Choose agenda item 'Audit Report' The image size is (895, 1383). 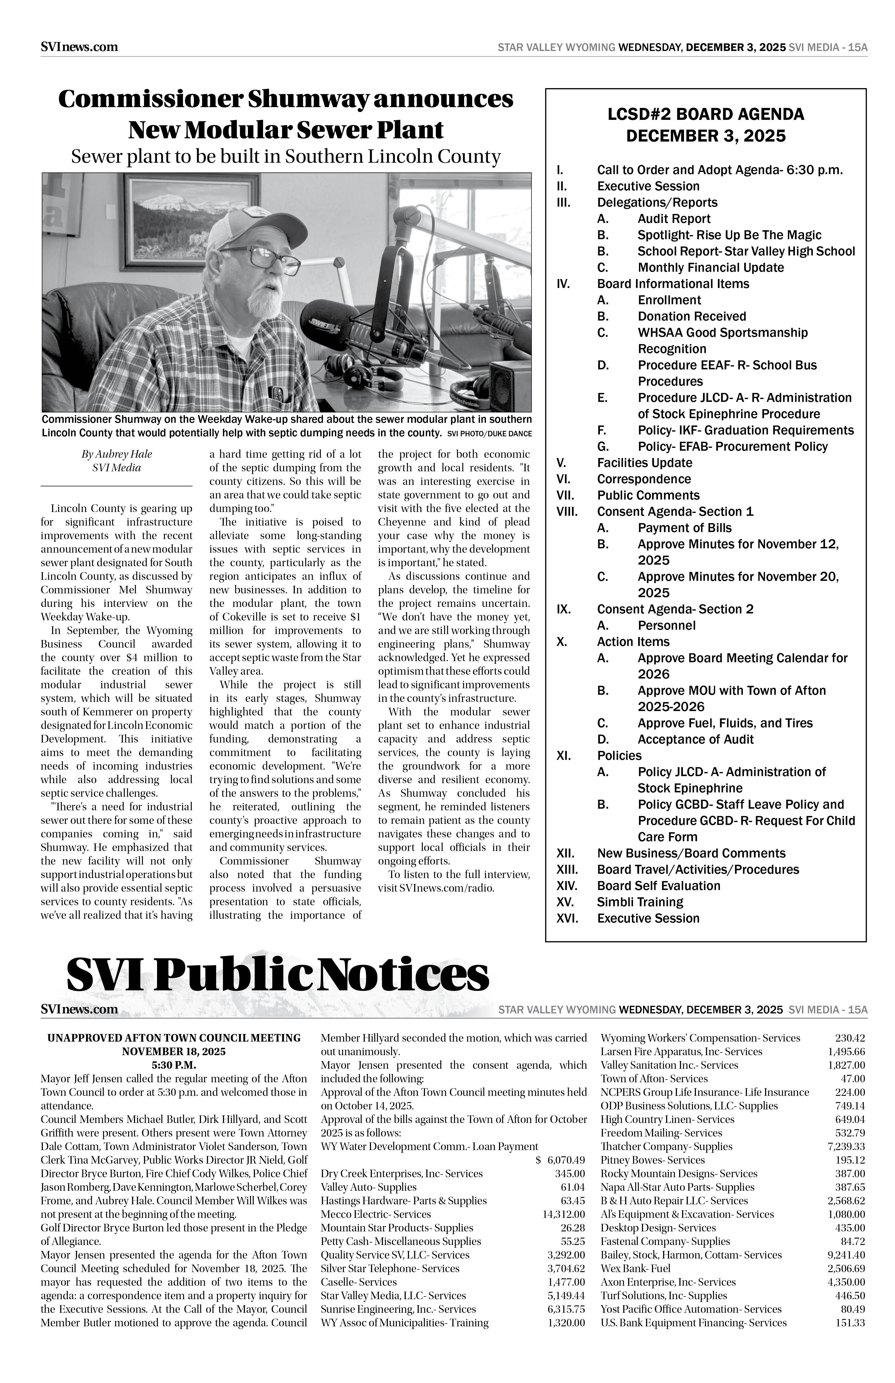[674, 219]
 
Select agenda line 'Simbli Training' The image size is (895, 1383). [640, 902]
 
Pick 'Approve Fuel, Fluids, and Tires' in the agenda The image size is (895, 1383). [725, 723]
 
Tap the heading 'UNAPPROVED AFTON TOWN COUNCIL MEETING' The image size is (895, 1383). [174, 1038]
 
